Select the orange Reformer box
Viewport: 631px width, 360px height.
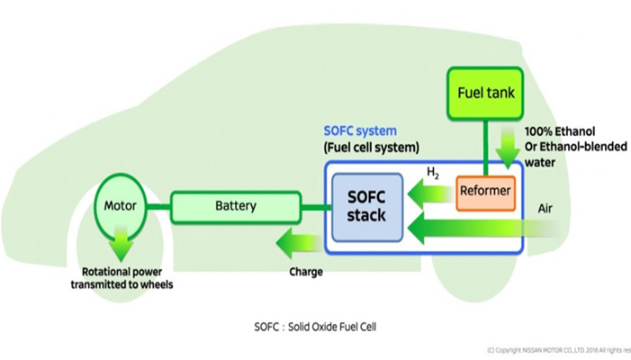coord(485,190)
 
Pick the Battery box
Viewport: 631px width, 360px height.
coord(235,206)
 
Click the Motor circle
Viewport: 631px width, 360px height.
coord(120,206)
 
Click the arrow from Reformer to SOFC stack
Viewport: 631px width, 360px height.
coord(428,191)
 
